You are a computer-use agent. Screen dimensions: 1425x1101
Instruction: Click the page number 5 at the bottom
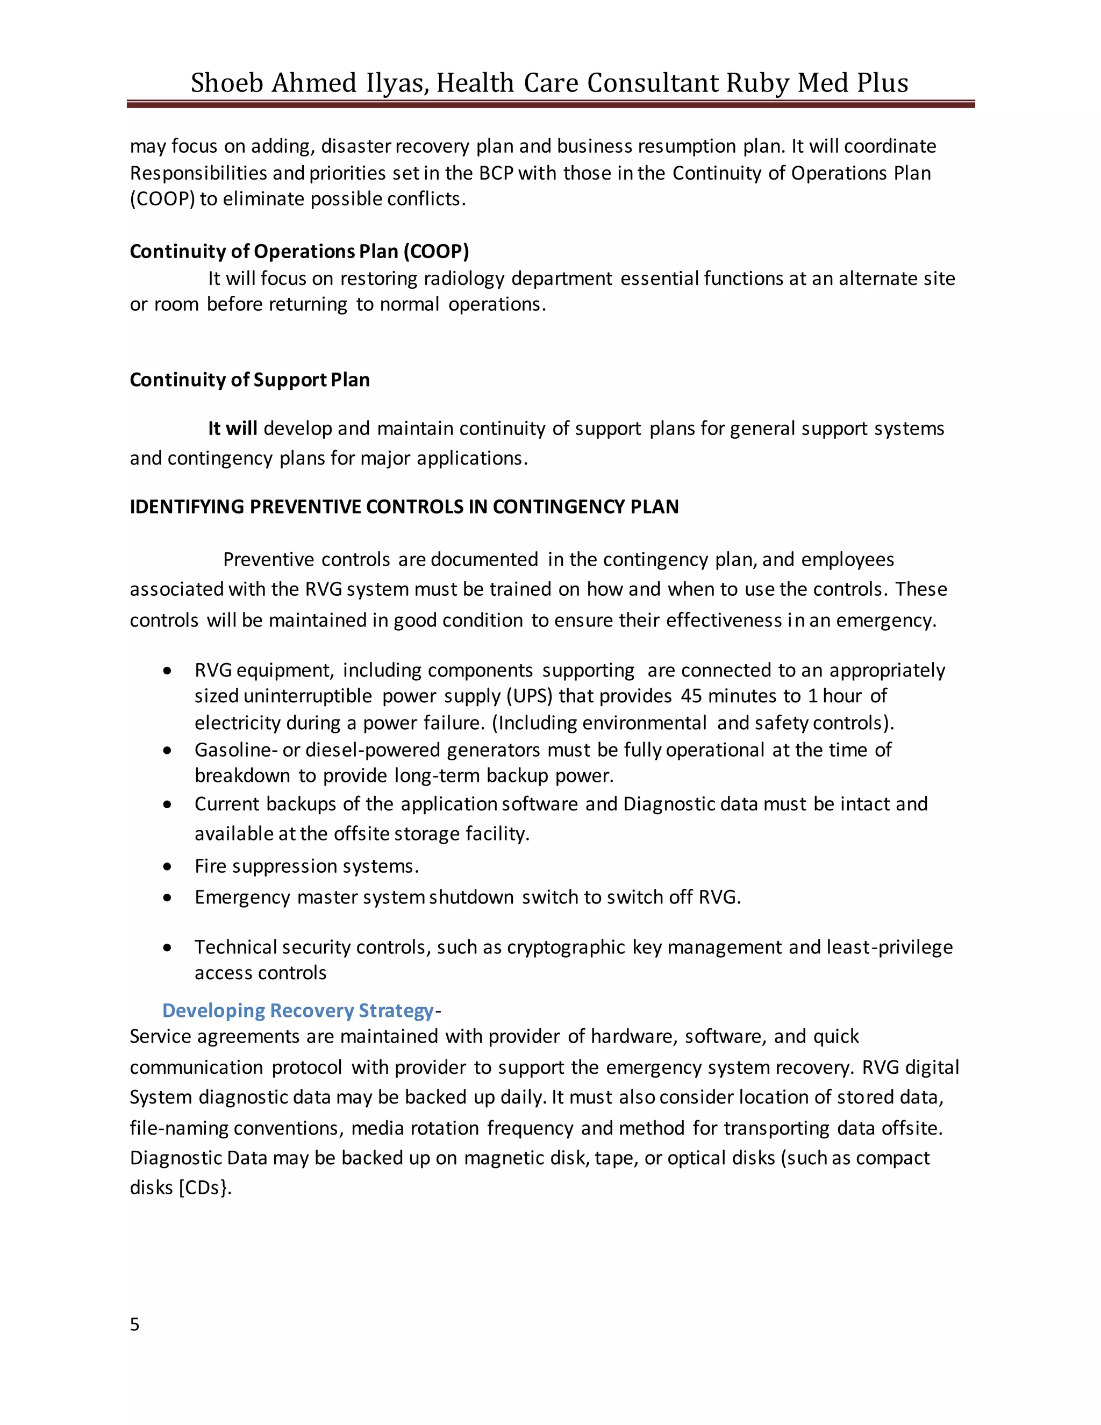[134, 1324]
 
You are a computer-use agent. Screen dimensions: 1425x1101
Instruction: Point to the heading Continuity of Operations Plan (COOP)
[299, 251]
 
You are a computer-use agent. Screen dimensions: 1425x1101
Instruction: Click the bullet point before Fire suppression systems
[168, 866]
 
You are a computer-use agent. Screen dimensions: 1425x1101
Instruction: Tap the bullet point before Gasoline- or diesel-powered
[168, 750]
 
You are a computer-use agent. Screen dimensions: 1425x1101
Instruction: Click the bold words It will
[232, 429]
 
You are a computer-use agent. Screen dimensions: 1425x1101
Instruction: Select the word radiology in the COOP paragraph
[464, 279]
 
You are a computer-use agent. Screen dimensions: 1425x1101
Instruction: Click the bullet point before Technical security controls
[168, 947]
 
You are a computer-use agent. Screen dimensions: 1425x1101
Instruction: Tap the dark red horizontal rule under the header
[550, 104]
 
